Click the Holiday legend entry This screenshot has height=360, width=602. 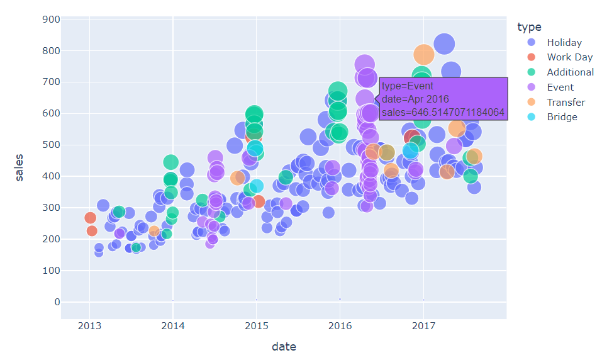(x=564, y=43)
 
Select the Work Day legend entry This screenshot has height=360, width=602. (x=569, y=57)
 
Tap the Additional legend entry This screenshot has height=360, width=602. (x=570, y=72)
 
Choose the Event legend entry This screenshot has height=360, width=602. (x=560, y=87)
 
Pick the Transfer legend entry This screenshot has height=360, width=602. (x=566, y=102)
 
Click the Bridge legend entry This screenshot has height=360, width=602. (x=561, y=117)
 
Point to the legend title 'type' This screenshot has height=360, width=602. (x=528, y=26)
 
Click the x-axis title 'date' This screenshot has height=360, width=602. (x=284, y=347)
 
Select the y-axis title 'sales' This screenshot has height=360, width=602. (x=20, y=166)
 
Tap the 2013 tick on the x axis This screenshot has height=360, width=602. (x=89, y=325)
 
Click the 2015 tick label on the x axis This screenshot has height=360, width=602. (x=256, y=325)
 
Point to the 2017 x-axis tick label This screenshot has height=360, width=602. (x=423, y=325)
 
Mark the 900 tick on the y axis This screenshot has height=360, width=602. (x=51, y=20)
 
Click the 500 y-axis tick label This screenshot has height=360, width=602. (x=51, y=145)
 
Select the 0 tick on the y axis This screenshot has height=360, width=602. (x=57, y=302)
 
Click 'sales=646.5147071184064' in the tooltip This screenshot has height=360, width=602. (x=443, y=113)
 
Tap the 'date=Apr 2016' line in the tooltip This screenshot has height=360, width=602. (x=415, y=99)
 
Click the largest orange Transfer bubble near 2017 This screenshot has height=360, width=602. (x=423, y=55)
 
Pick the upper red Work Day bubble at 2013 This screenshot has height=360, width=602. (x=90, y=218)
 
